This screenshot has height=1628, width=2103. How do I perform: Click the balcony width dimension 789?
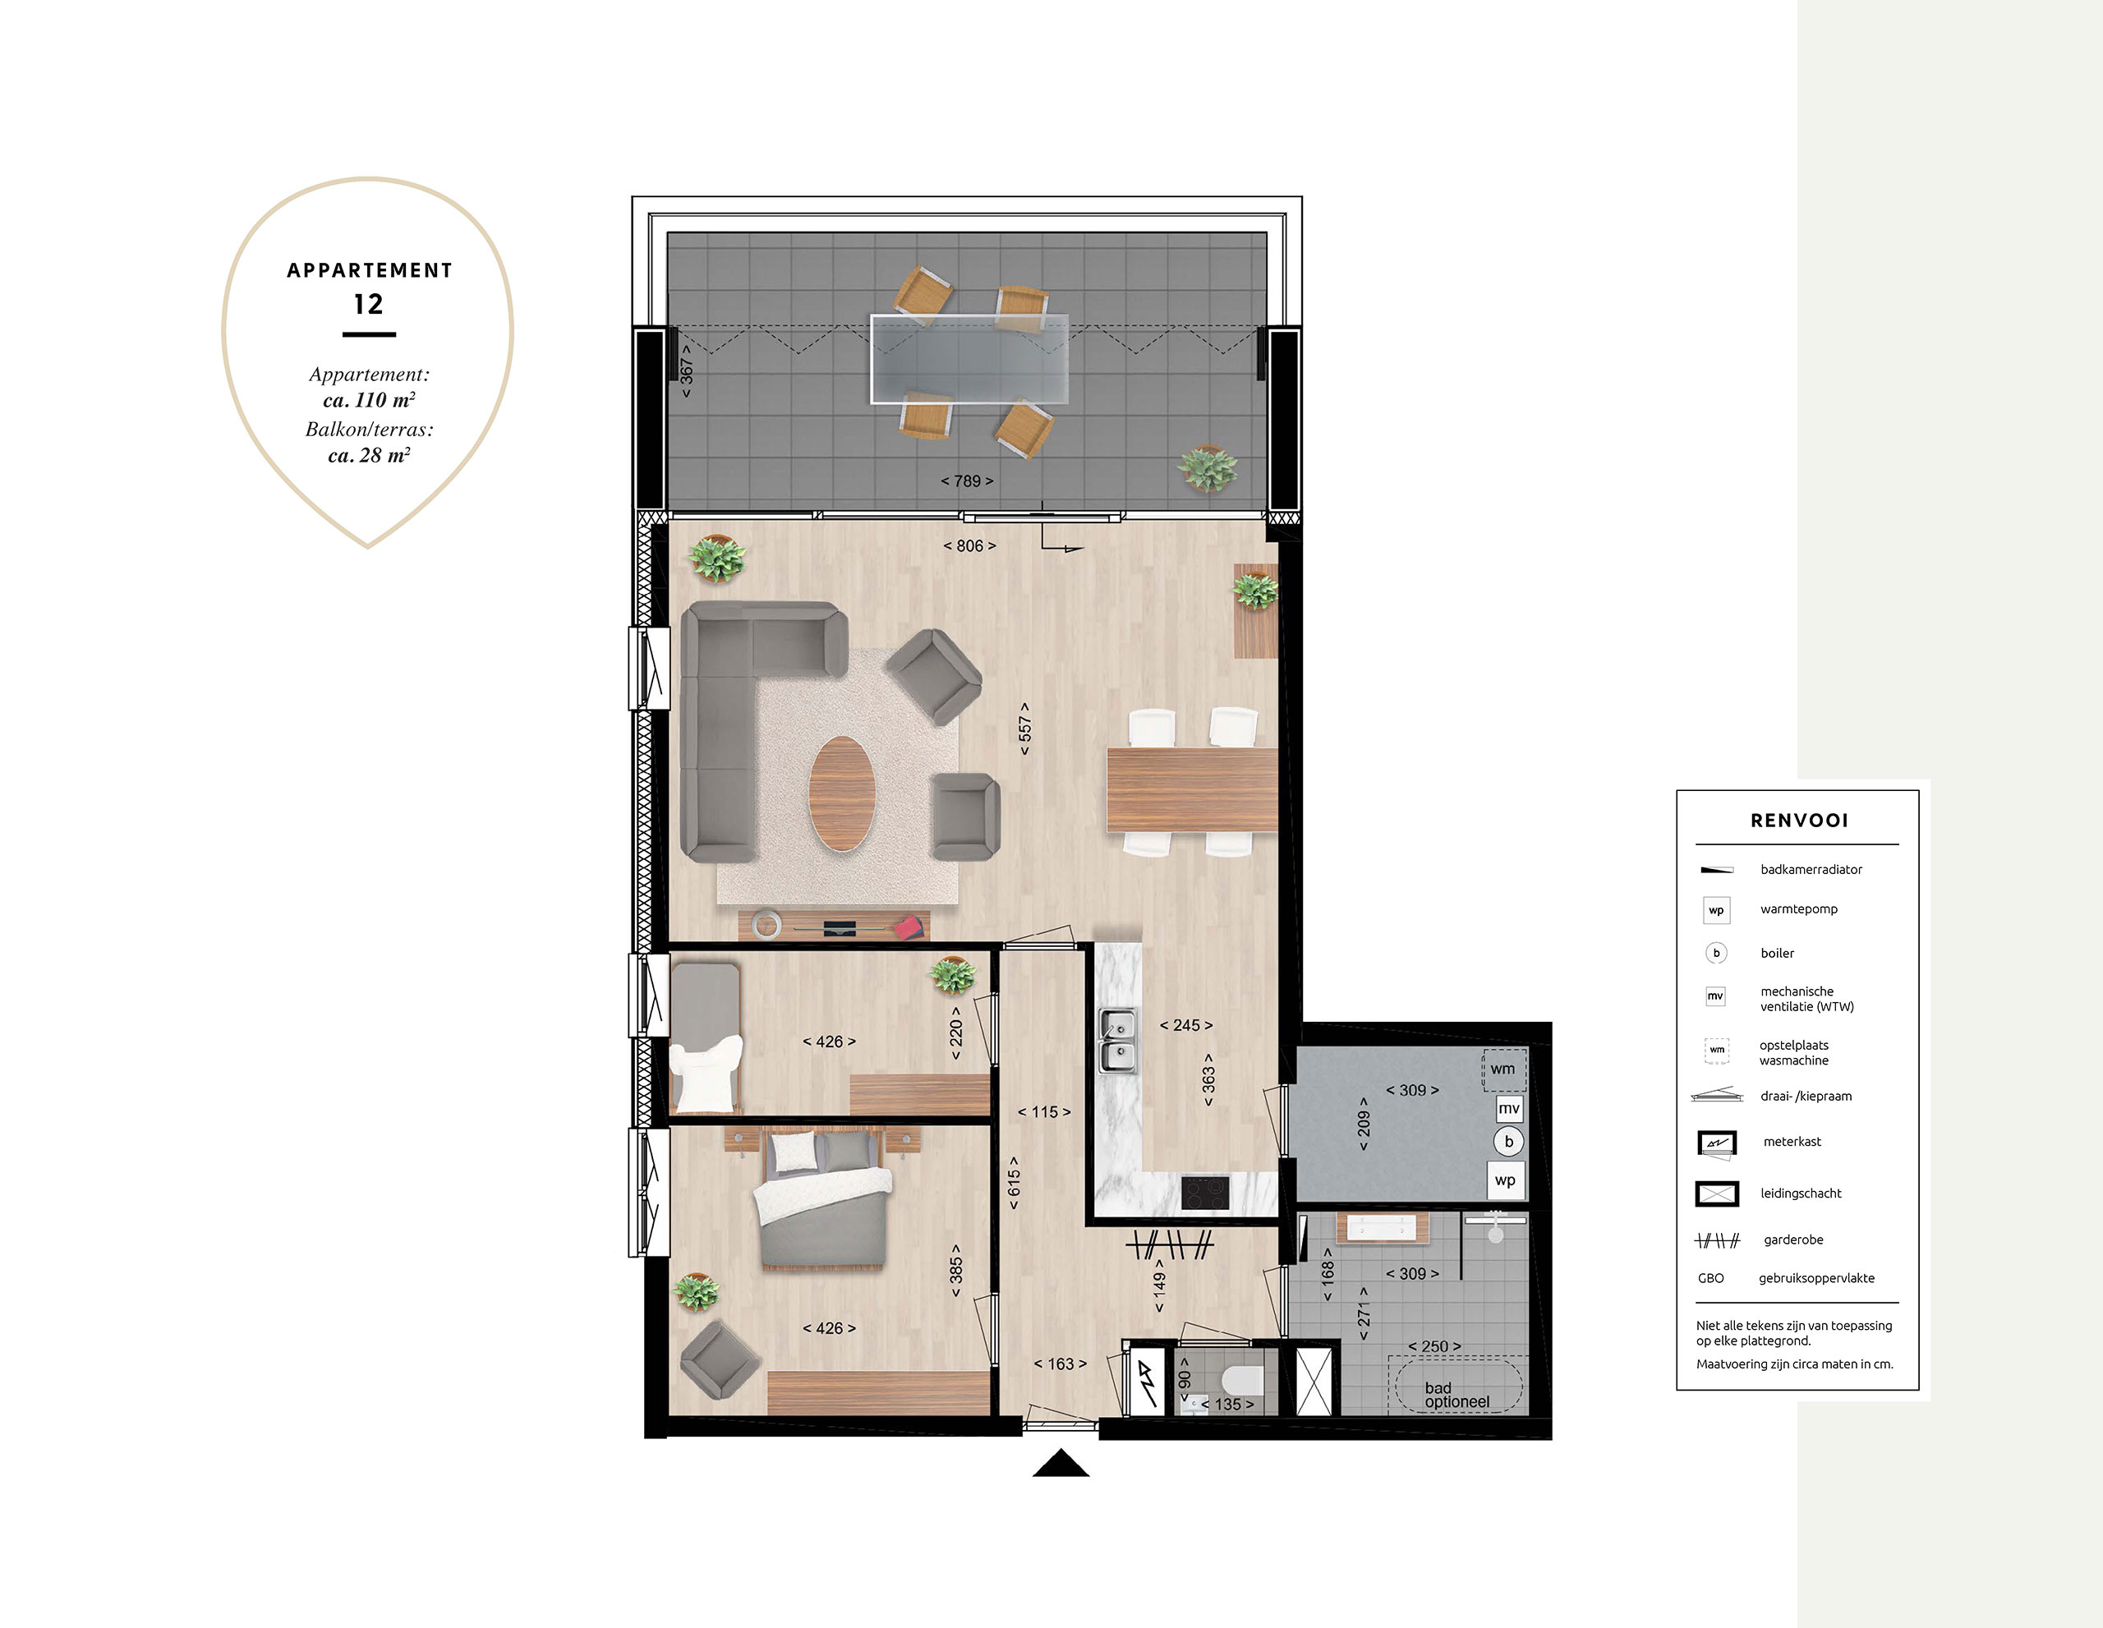[967, 481]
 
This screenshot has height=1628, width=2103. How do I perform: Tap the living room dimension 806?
[969, 546]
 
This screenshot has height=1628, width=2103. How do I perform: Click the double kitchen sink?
[1118, 1041]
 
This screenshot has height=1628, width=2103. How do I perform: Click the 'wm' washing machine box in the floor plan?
[1503, 1069]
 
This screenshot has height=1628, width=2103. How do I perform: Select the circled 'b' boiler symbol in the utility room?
[1509, 1142]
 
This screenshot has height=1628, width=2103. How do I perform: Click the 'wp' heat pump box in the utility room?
[1506, 1180]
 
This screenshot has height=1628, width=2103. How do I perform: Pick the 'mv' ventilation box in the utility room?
[1509, 1109]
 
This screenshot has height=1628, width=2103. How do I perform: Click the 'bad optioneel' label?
[1456, 1395]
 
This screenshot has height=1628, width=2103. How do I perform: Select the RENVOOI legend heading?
[1799, 821]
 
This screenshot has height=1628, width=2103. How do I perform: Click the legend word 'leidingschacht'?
[1801, 1193]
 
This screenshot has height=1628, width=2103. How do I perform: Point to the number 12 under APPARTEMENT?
[369, 304]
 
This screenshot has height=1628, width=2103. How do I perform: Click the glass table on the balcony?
[969, 359]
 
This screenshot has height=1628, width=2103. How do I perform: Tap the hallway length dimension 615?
[1014, 1182]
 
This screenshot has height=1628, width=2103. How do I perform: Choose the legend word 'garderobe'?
[1793, 1240]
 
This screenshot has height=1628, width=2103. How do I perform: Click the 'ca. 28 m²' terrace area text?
[369, 455]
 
